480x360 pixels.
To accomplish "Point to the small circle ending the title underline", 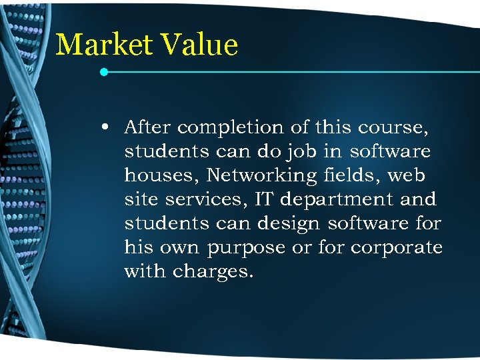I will (104, 71).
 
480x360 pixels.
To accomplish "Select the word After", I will (147, 127).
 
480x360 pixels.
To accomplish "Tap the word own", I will (179, 247).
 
